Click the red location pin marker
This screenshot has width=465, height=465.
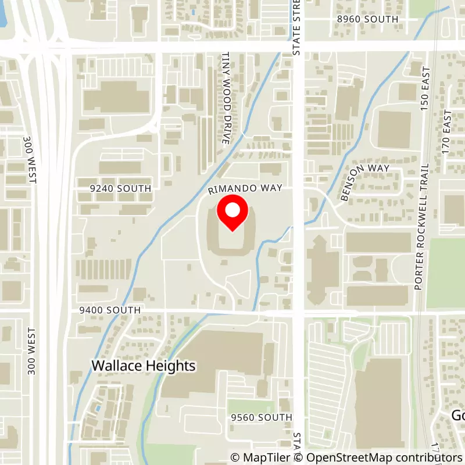[x=232, y=213]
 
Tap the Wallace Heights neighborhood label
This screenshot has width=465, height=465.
[x=144, y=366]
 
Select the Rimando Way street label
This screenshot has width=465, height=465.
[x=246, y=188]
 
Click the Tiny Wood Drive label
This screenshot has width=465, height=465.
[x=227, y=98]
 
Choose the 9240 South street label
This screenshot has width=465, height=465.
[x=121, y=189]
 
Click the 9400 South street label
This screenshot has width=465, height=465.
[x=110, y=310]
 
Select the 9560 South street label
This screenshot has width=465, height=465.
[x=261, y=417]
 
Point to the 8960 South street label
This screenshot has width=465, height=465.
[x=367, y=19]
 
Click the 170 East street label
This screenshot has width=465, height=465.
[x=446, y=131]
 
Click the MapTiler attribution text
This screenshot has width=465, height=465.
[x=260, y=457]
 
